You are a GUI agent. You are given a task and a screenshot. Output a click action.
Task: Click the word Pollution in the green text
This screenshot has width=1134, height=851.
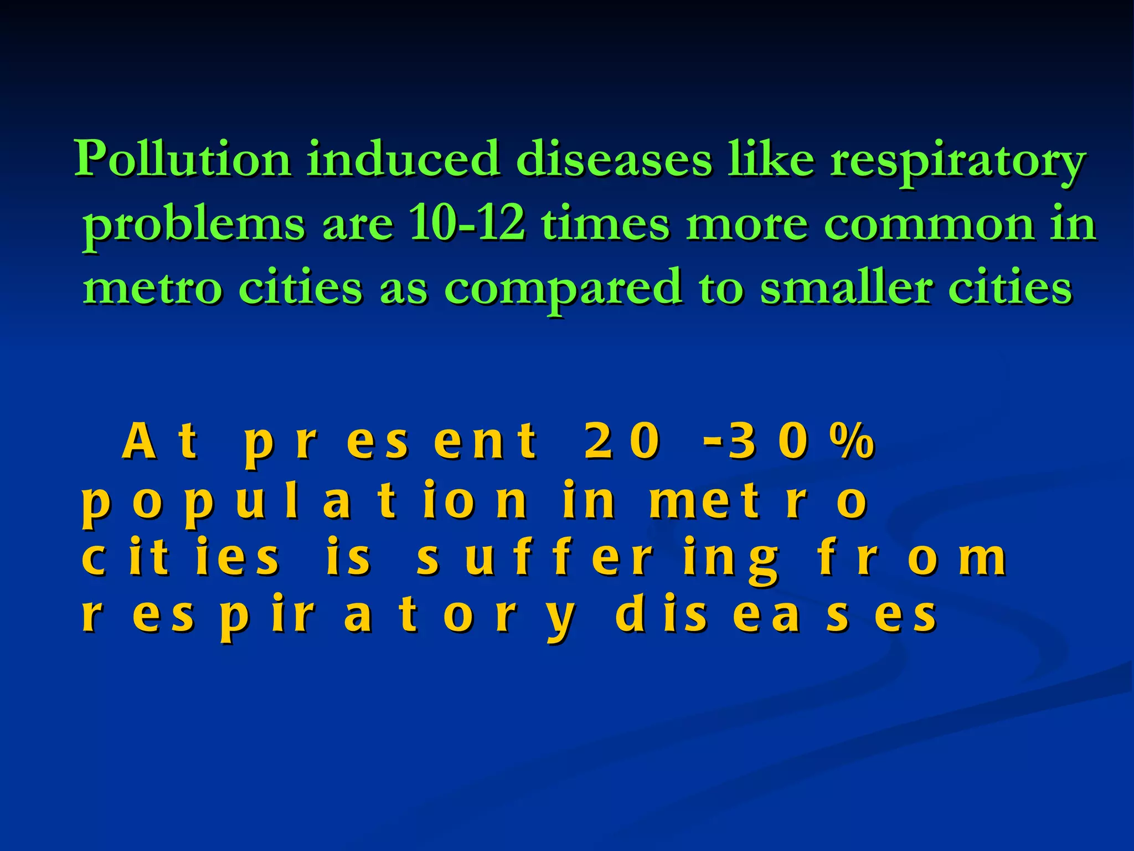[183, 159]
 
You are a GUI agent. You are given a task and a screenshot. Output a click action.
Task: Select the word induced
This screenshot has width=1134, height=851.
[404, 159]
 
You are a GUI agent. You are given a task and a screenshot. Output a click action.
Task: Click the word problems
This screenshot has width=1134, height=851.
[194, 226]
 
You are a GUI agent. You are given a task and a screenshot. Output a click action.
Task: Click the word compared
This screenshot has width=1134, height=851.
[563, 289]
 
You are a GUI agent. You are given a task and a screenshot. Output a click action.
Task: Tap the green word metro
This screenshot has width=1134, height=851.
[152, 289]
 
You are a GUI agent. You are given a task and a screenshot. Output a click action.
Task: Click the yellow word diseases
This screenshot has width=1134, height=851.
[776, 617]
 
